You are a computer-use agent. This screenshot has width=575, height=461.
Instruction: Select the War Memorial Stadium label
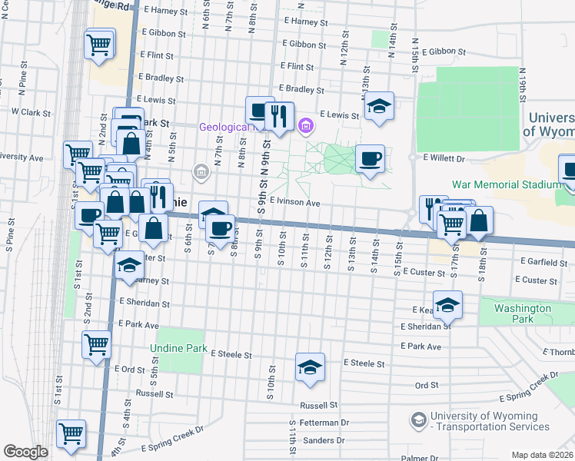[x=507, y=184]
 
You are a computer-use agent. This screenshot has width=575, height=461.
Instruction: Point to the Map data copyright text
[x=543, y=455]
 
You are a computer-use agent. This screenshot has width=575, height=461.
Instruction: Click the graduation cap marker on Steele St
[x=310, y=368]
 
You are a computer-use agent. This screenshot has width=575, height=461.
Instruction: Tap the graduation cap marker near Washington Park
[x=447, y=306]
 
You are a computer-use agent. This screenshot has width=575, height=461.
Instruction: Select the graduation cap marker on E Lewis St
[x=378, y=107]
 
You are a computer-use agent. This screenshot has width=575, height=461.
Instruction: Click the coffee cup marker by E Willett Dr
[x=370, y=159]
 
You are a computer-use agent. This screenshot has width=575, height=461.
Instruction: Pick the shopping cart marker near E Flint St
[x=99, y=43]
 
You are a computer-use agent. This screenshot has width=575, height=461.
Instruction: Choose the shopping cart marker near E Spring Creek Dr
[x=71, y=433]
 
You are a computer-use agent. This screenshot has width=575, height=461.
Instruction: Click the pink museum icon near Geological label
[x=305, y=125]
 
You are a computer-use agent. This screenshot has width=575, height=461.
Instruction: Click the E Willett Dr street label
[x=444, y=158]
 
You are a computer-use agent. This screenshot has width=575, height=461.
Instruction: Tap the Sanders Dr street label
[x=324, y=440]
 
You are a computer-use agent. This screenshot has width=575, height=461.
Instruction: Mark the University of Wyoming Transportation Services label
[x=490, y=422]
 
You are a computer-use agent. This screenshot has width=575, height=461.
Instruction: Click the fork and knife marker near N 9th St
[x=279, y=116]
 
